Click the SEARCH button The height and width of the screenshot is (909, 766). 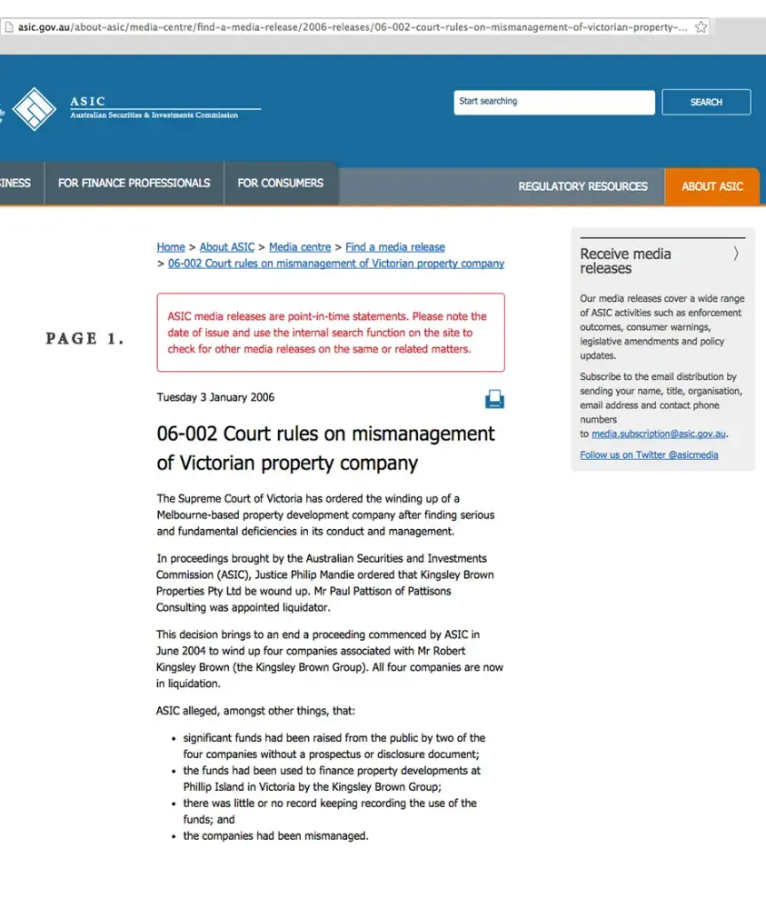coord(706,102)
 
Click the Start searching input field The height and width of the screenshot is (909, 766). coord(553,102)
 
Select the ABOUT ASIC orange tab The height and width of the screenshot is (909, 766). coord(712,186)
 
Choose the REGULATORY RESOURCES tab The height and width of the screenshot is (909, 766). coord(582,186)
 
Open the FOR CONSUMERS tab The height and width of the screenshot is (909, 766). coord(280,184)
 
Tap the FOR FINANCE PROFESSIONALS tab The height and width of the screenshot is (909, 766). coord(134,184)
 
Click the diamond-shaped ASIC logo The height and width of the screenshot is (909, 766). coord(34,109)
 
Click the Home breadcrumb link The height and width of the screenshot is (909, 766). coord(171,247)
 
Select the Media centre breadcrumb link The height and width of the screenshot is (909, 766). coord(300,247)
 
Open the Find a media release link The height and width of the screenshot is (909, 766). coord(395,247)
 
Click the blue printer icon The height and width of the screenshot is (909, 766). coord(494,399)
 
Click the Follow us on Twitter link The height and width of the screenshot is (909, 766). coord(649,454)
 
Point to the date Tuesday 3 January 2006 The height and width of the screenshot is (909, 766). coord(215,397)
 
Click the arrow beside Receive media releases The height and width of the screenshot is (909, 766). coord(735,255)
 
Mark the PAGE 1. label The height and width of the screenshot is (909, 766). coord(85,339)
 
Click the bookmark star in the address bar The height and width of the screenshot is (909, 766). coord(701,27)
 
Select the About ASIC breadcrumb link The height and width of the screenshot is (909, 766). coord(227,247)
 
